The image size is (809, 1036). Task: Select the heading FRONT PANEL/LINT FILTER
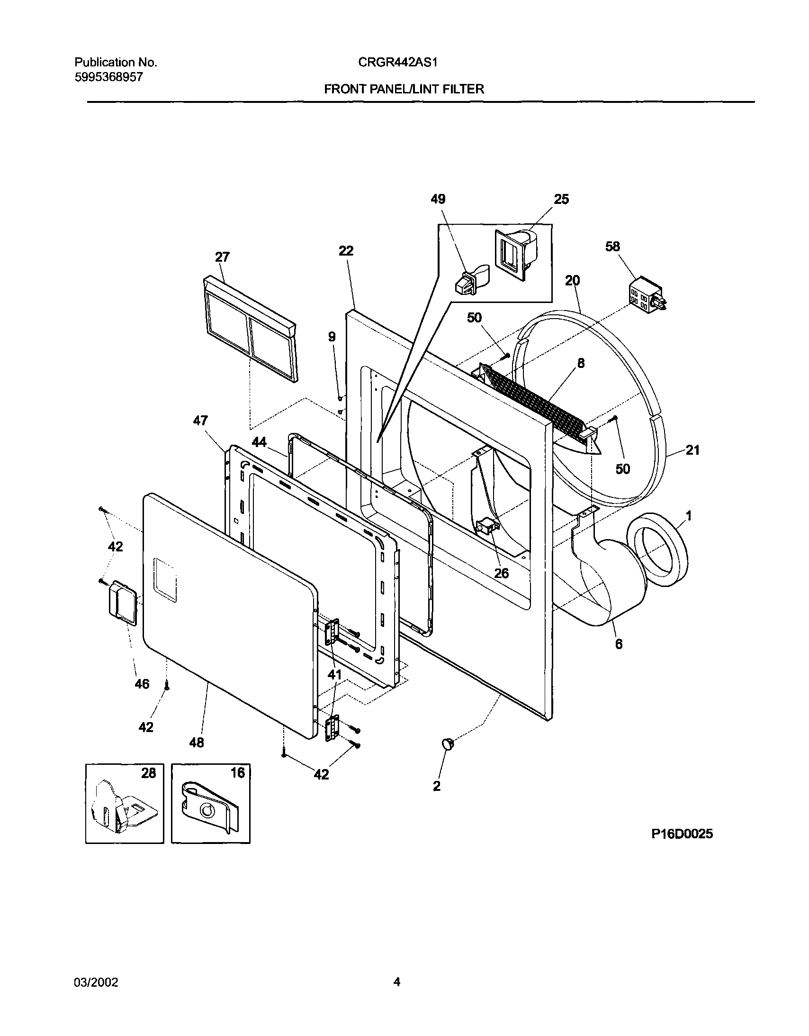[404, 89]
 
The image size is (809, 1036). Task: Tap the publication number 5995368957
[108, 77]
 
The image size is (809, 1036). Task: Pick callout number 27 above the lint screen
[222, 257]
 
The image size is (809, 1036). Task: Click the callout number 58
[612, 247]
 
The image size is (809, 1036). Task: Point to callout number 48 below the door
[197, 742]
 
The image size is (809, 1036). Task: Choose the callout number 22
[346, 251]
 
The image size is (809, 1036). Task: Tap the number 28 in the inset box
[148, 774]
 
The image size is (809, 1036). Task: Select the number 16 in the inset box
[237, 773]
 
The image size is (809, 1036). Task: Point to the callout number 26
[501, 574]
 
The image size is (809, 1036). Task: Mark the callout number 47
[200, 421]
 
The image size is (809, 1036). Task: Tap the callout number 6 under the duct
[619, 644]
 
